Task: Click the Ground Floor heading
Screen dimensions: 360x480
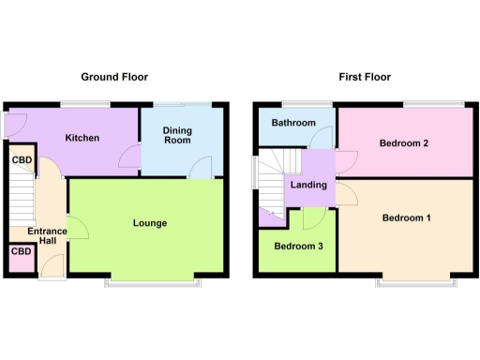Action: (113, 77)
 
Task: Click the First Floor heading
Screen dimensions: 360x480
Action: (365, 77)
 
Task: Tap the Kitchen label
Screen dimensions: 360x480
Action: (82, 138)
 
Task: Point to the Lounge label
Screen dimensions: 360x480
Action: (150, 223)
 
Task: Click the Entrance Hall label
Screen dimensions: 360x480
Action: (42, 235)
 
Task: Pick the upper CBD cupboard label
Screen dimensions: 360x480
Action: (21, 160)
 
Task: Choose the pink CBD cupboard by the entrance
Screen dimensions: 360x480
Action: (21, 252)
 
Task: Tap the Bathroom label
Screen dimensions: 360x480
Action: (293, 123)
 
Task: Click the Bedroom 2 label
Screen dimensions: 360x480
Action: (404, 143)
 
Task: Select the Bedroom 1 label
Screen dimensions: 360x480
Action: (406, 218)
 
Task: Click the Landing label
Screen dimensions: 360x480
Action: (308, 185)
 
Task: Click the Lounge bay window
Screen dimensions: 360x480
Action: (153, 281)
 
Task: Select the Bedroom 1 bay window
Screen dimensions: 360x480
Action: (417, 280)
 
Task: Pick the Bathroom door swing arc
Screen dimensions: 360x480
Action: (316, 142)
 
